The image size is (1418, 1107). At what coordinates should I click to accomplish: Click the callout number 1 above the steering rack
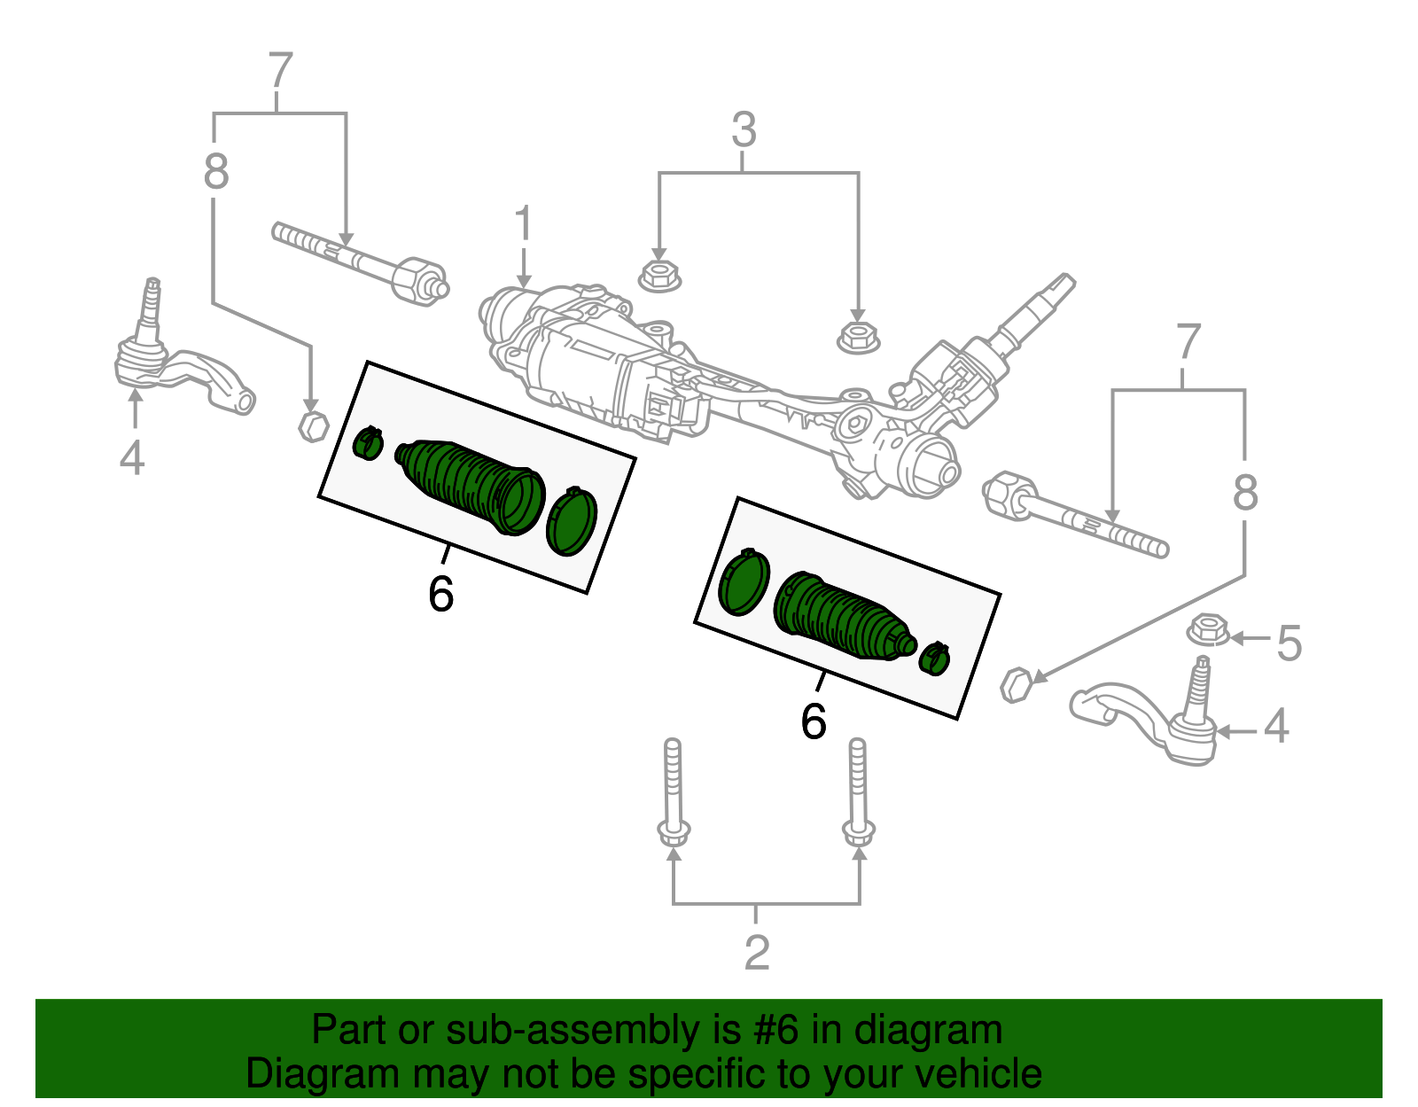(x=524, y=224)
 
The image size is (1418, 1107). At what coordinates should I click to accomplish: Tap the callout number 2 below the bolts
(x=756, y=953)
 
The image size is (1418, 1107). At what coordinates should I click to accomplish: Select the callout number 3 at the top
(x=744, y=130)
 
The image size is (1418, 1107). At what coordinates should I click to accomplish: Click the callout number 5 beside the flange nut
(x=1289, y=643)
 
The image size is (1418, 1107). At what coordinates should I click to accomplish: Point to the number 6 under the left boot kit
(x=440, y=594)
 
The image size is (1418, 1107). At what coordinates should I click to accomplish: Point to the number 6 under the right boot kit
(x=813, y=721)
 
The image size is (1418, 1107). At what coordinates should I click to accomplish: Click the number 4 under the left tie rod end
(x=132, y=458)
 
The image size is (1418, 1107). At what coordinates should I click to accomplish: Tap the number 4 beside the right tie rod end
(x=1275, y=726)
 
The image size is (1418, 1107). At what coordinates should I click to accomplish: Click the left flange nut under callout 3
(x=660, y=275)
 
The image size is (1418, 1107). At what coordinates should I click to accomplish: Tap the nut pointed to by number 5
(x=1207, y=630)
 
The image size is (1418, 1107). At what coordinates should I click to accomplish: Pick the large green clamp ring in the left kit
(x=572, y=522)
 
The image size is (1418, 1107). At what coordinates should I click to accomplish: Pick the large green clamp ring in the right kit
(x=743, y=583)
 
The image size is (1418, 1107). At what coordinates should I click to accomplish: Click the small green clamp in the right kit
(x=934, y=658)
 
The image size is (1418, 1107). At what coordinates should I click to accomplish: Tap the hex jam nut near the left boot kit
(x=312, y=425)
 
